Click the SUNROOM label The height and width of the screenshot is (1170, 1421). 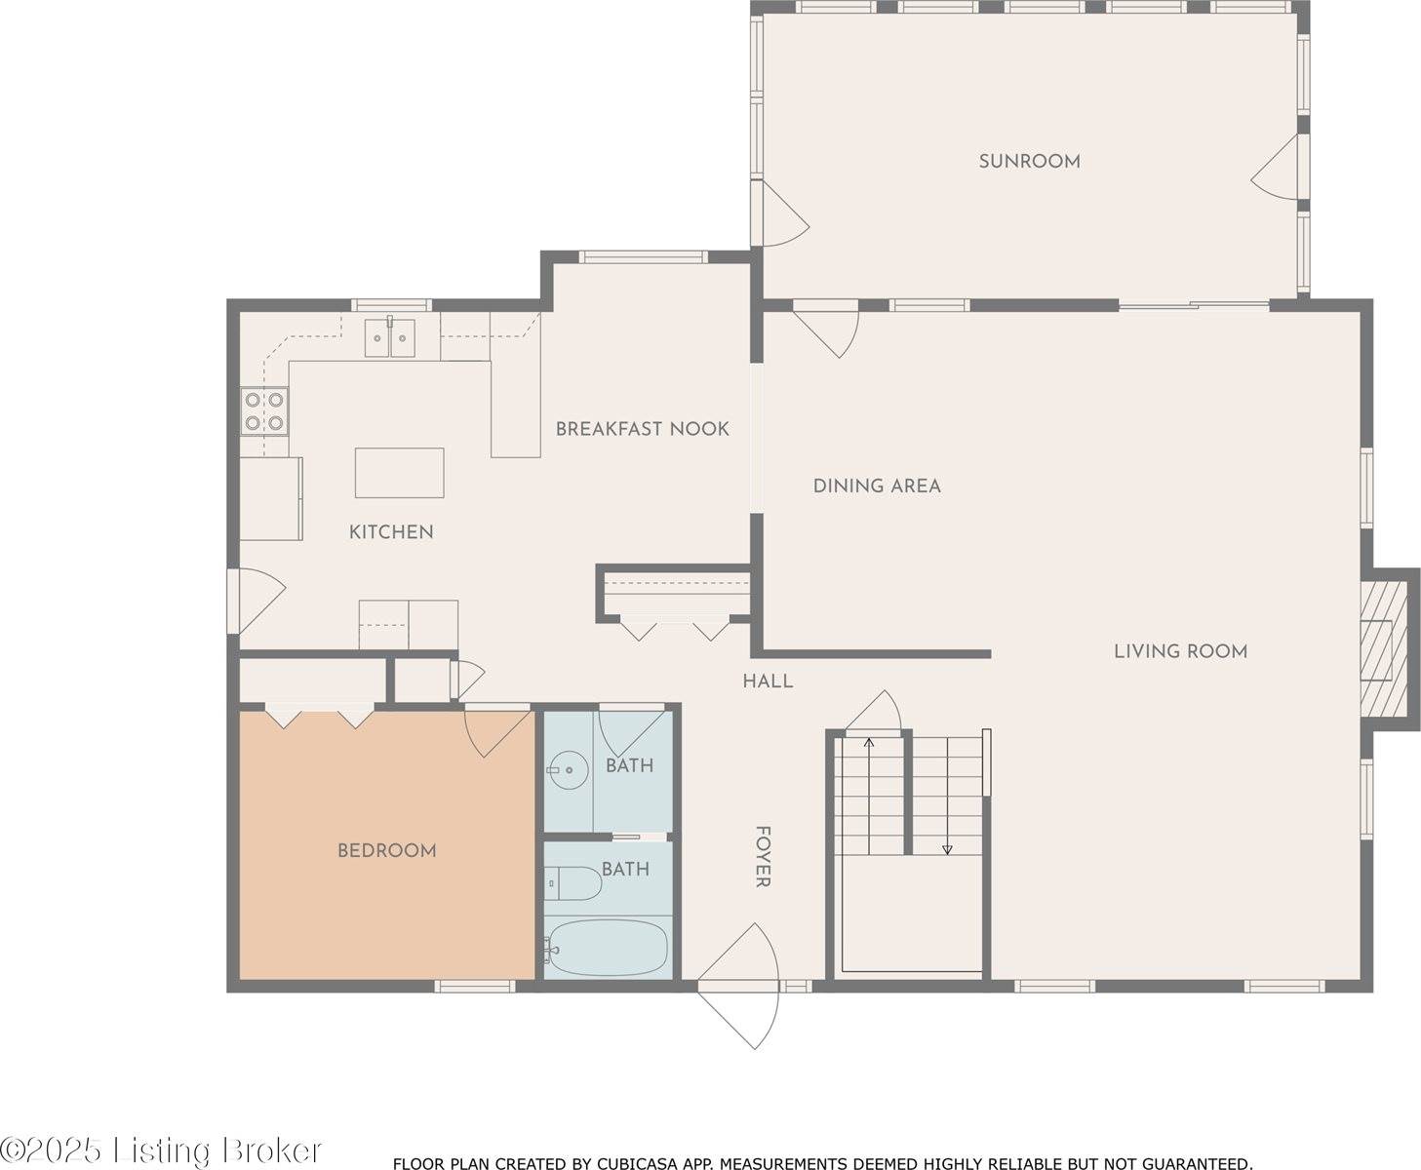tap(1029, 161)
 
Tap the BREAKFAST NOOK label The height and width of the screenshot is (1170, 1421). tap(642, 429)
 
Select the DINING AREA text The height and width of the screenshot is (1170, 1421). tap(877, 486)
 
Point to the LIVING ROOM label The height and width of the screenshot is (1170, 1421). tap(1180, 651)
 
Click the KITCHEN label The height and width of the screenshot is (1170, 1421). tap(391, 531)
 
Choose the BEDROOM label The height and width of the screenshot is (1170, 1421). tap(386, 850)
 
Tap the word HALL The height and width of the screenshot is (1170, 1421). tap(768, 682)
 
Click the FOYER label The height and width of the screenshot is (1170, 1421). tap(763, 857)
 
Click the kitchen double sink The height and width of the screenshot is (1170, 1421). tap(389, 338)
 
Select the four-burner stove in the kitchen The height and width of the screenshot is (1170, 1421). tap(264, 410)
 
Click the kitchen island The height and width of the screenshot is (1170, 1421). tap(399, 473)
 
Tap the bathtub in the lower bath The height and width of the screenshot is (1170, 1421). tap(607, 947)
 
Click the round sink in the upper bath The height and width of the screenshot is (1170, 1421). tap(567, 771)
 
